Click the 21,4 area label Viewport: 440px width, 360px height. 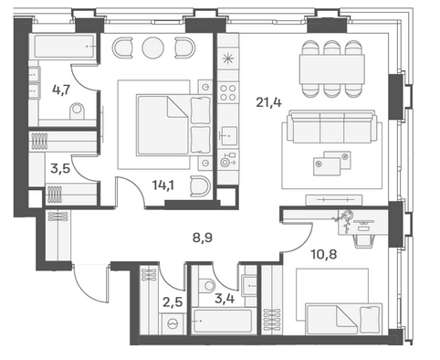click(x=268, y=102)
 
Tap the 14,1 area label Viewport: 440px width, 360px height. click(x=163, y=185)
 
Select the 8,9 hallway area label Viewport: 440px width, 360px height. click(x=203, y=238)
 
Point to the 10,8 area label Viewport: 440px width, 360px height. click(x=324, y=253)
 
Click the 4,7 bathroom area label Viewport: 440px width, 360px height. click(x=61, y=90)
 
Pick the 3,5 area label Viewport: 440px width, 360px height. click(x=60, y=168)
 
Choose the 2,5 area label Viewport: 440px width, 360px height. click(x=173, y=302)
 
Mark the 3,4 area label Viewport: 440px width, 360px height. click(x=225, y=299)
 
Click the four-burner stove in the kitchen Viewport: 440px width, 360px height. click(x=228, y=92)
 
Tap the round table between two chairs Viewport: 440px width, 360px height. click(x=153, y=48)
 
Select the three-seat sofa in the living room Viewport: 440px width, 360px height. click(x=332, y=127)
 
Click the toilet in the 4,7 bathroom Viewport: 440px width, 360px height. click(x=77, y=111)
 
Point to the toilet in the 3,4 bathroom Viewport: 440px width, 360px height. click(x=208, y=285)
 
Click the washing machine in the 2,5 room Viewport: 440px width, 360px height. click(x=173, y=323)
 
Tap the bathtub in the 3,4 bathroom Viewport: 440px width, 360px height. click(x=223, y=321)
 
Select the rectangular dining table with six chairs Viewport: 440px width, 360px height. click(x=332, y=69)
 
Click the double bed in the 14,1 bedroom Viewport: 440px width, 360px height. click(x=173, y=125)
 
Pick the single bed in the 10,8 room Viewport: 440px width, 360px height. click(x=344, y=319)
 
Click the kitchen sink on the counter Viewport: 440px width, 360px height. click(x=228, y=136)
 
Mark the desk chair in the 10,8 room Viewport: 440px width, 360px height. click(x=363, y=240)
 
